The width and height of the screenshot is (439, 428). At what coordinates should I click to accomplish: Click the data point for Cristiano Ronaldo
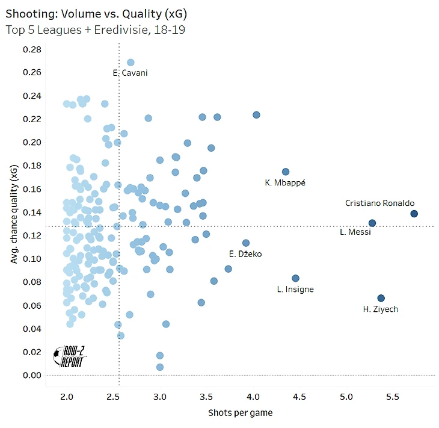[x=414, y=214]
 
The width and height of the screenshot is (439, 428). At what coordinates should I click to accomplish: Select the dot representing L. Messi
[x=372, y=223]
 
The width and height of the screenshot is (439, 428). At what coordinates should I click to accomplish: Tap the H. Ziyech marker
[x=381, y=298]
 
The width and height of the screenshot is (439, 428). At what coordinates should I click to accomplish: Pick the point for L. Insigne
[x=295, y=278]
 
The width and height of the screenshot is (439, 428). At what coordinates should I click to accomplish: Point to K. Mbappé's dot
[x=286, y=172]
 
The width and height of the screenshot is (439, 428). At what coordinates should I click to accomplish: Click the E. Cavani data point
[x=130, y=62]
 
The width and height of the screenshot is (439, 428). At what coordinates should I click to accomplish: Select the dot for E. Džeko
[x=245, y=243]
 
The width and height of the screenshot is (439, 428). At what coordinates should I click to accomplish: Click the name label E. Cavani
[x=130, y=73]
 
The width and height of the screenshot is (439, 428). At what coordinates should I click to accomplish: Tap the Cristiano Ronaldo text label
[x=379, y=203]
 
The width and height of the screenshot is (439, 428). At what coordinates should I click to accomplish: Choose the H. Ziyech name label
[x=380, y=309]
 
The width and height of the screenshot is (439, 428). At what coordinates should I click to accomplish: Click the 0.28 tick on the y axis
[x=32, y=49]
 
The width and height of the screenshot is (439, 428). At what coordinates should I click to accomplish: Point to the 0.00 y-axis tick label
[x=32, y=375]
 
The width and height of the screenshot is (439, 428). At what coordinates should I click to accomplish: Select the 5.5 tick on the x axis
[x=392, y=397]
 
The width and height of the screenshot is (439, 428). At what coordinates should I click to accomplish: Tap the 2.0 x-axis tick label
[x=67, y=397]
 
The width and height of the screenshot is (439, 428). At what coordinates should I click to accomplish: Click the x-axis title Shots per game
[x=240, y=413]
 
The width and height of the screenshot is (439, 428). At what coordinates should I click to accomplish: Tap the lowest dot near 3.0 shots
[x=159, y=367]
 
